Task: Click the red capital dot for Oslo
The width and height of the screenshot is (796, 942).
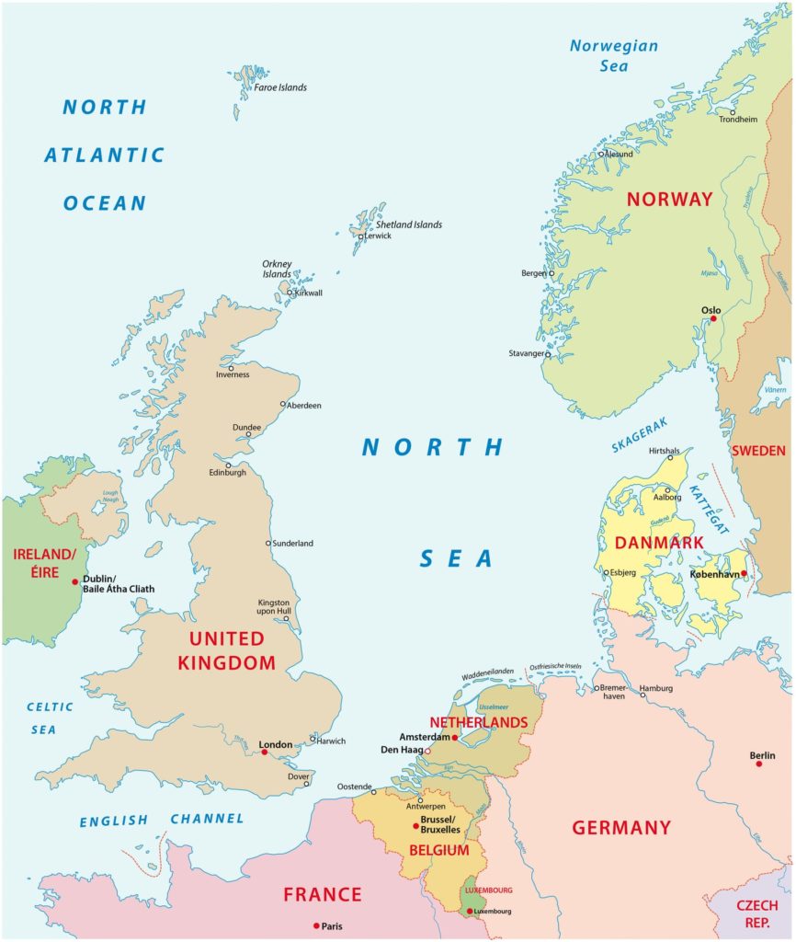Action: [x=713, y=319]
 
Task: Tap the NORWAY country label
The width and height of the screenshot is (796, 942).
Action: [x=669, y=199]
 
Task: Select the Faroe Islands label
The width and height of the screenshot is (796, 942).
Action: [x=280, y=87]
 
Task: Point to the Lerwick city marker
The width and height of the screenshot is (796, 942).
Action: [x=362, y=236]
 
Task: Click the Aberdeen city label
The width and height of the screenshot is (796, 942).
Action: [x=305, y=406]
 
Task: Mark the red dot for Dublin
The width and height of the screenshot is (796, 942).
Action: [x=75, y=581]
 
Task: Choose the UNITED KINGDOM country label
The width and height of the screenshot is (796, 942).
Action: [x=232, y=649]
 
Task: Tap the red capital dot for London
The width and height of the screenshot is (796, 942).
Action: [x=265, y=752]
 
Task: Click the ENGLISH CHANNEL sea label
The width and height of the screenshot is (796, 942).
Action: [x=162, y=820]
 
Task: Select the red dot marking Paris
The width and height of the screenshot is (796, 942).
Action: [x=316, y=925]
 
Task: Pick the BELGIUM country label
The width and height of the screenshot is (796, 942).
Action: [x=439, y=850]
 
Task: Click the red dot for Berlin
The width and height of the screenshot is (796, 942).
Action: [x=759, y=764]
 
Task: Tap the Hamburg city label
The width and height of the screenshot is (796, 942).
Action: [x=656, y=689]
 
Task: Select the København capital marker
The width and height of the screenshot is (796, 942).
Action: [x=744, y=574]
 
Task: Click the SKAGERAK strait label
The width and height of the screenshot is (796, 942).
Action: [x=641, y=435]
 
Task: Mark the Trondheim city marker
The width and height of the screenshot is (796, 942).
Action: [x=733, y=111]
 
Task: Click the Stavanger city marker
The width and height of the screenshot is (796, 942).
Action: [x=548, y=354]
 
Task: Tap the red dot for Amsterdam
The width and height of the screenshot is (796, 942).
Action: [x=455, y=738]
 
